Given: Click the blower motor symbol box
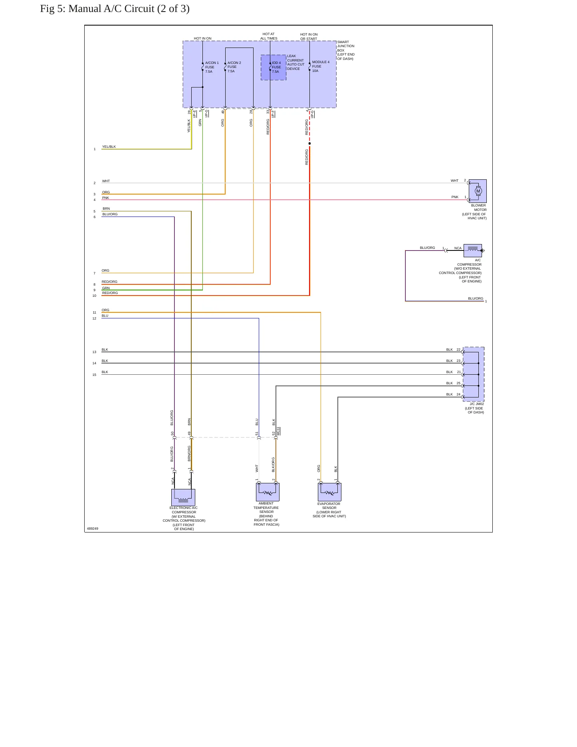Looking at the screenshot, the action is pos(478,191).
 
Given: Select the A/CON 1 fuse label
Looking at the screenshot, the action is pos(212,67).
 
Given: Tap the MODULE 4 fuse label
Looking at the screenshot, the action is pos(321,66).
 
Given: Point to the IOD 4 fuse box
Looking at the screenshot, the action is pos(274,68).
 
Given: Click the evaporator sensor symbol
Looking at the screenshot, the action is pos(329,492).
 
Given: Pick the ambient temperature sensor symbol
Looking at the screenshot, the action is pos(268,492).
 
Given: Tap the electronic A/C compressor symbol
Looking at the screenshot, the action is pos(183,497).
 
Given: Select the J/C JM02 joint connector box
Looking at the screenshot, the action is pos(474,374).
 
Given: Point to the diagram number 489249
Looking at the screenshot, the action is pos(93,528).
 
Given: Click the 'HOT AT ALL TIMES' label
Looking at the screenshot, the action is pos(269,36).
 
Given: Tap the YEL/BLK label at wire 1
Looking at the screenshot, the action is pos(109,147).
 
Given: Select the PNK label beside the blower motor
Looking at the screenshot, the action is pos(455,197).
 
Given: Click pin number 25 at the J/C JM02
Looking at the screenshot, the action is pos(458,383).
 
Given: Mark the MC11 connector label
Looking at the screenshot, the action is pos(278,431).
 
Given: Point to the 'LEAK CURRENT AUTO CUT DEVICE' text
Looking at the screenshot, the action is pos(296,62).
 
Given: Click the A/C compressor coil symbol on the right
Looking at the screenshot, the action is pos(473,250).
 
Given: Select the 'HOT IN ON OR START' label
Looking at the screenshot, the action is pos(309,37).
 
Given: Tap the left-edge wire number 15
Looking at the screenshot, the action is pos(94,375).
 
